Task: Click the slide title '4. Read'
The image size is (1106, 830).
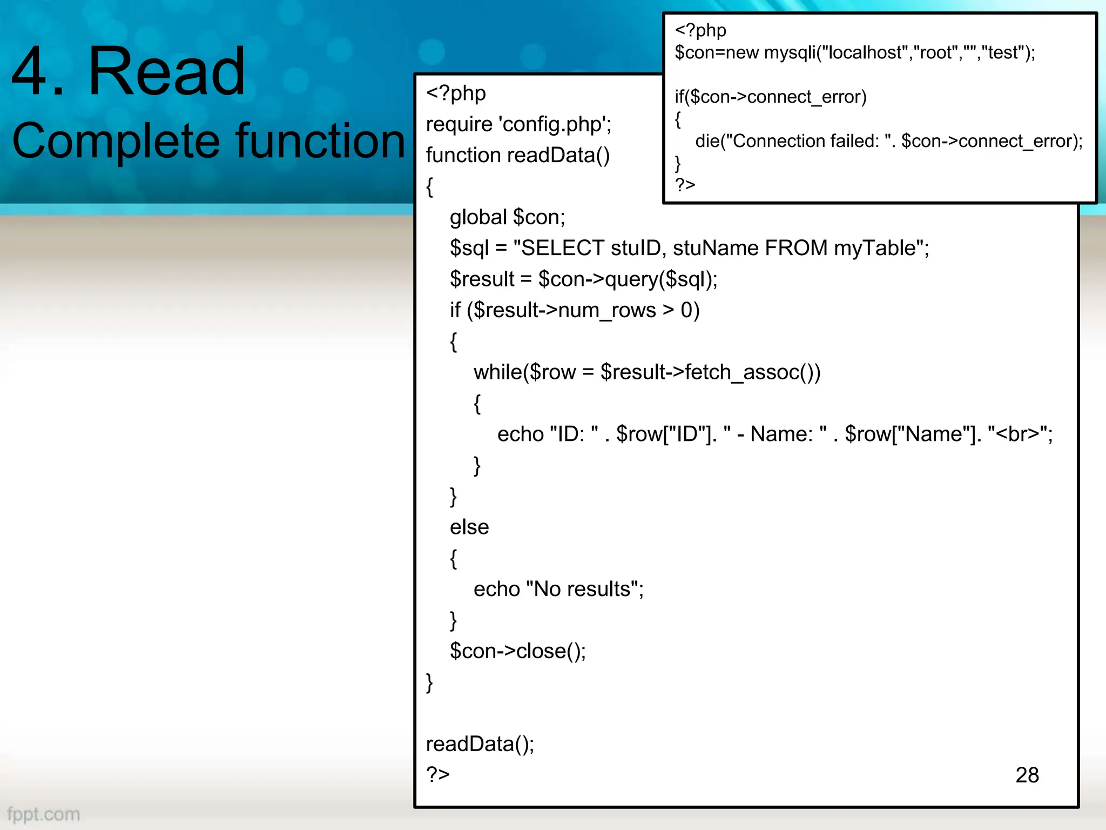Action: (x=129, y=71)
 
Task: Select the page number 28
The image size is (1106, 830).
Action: (x=1027, y=775)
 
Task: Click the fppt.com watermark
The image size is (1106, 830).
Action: (x=43, y=814)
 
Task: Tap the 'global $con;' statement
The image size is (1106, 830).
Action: (x=507, y=217)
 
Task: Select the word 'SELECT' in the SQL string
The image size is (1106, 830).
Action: (x=562, y=248)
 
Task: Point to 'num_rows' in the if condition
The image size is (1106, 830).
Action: (x=606, y=311)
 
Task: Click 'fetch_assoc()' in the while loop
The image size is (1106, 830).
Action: (x=752, y=372)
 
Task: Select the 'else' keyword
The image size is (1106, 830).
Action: (x=469, y=527)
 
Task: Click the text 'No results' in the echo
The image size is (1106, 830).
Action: (x=582, y=589)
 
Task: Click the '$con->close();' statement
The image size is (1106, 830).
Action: (x=517, y=651)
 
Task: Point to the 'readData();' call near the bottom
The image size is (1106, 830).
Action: (x=480, y=744)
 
